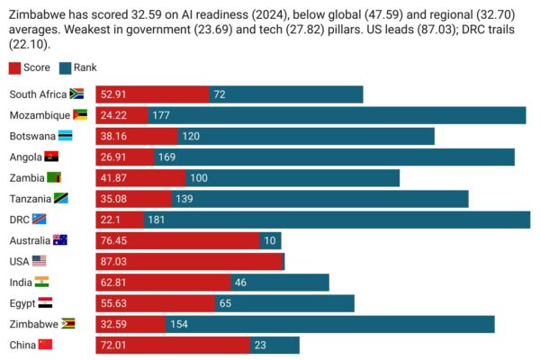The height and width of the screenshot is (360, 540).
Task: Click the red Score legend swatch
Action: [x=14, y=67]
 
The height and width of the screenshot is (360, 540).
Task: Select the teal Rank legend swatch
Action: [x=66, y=67]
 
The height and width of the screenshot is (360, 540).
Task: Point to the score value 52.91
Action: [x=115, y=94]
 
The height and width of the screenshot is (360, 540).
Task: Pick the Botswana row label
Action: [x=31, y=136]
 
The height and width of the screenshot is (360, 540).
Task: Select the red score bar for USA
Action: [x=189, y=261]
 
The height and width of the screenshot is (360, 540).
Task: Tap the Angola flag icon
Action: [x=51, y=157]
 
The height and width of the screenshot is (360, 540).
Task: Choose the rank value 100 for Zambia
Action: [x=199, y=177]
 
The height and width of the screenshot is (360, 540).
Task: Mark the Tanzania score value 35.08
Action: [x=115, y=199]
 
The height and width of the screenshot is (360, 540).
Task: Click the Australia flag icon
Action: [x=60, y=240]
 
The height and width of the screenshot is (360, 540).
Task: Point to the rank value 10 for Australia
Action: [x=269, y=240]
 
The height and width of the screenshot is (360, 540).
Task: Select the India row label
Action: [x=21, y=282]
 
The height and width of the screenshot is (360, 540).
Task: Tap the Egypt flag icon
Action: [x=45, y=303]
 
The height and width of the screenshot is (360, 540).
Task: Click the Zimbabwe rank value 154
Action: [x=178, y=324]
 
